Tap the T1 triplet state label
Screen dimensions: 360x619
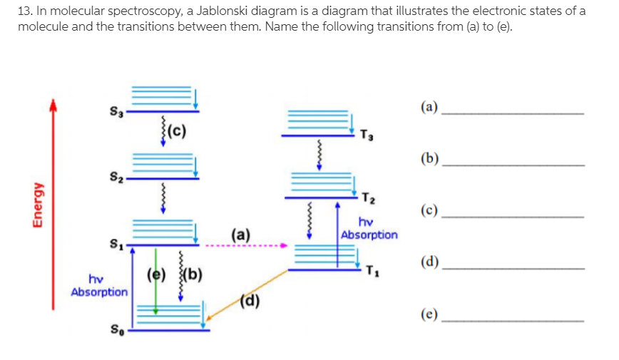click(369, 270)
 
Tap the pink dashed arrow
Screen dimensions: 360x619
click(246, 247)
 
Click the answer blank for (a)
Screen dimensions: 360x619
click(513, 113)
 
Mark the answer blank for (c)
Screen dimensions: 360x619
click(513, 216)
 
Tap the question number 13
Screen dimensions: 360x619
click(24, 11)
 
